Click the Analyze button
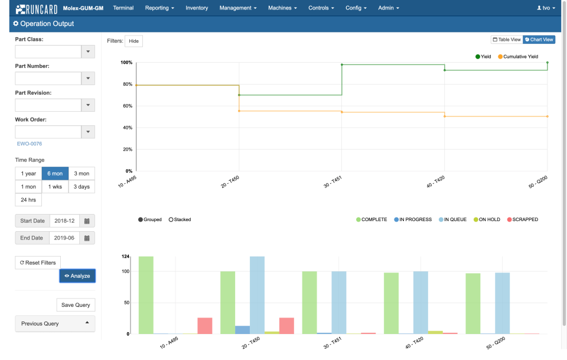pos(77,275)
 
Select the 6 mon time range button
pos(55,174)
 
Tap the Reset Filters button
pos(38,262)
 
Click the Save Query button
pos(76,305)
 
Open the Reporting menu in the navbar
pos(159,8)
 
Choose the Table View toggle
pos(507,40)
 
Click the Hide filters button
pos(133,41)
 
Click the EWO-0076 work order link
pos(30,144)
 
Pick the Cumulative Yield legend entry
pos(517,57)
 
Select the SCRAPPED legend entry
pos(523,219)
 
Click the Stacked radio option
pos(180,219)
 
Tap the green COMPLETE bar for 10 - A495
pos(146,295)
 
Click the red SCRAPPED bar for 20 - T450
pos(286,326)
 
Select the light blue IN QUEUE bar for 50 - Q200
pos(503,303)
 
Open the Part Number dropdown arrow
pos(87,79)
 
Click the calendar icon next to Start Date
pos(87,221)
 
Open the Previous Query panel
pos(55,323)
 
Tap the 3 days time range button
pos(82,187)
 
